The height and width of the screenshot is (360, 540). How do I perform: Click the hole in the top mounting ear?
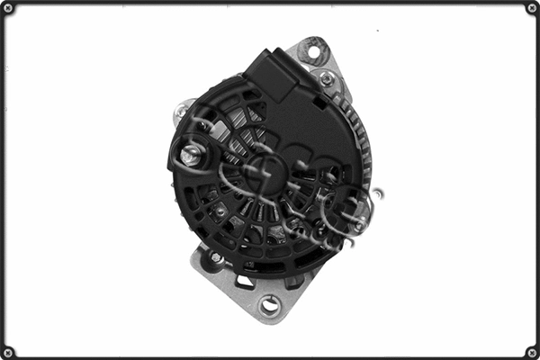[313, 50]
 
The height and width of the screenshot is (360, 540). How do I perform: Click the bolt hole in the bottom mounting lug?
[269, 305]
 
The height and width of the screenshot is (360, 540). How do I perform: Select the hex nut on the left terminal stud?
[190, 155]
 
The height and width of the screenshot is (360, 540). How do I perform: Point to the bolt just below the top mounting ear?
[327, 80]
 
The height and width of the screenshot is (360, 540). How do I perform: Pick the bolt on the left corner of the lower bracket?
[217, 259]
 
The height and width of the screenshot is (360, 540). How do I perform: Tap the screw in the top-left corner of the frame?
[9, 8]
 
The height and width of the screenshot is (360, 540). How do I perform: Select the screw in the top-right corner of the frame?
[531, 8]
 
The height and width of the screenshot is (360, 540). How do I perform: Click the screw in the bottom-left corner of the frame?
[9, 351]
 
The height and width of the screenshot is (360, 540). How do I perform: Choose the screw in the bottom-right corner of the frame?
[531, 351]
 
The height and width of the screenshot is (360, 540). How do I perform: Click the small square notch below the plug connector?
[318, 102]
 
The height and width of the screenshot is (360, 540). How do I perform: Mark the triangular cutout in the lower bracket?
[245, 282]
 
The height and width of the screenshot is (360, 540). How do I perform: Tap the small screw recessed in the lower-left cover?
[219, 212]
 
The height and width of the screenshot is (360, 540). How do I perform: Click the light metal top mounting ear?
[319, 59]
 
